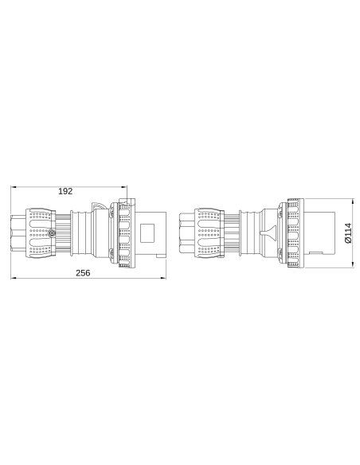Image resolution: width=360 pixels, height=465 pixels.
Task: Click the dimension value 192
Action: point(67,191)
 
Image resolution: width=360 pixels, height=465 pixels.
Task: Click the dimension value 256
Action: point(83,272)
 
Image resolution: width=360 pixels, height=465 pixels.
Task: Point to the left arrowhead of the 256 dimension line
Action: point(12,279)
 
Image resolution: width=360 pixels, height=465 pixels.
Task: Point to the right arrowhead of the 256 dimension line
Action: point(163,279)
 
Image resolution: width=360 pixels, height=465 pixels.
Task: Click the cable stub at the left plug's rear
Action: point(18,233)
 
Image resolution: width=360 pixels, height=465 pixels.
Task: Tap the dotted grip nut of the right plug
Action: point(208,233)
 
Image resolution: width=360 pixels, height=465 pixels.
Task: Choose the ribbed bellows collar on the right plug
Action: point(233,233)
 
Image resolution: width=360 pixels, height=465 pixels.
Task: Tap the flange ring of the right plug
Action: point(291,233)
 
